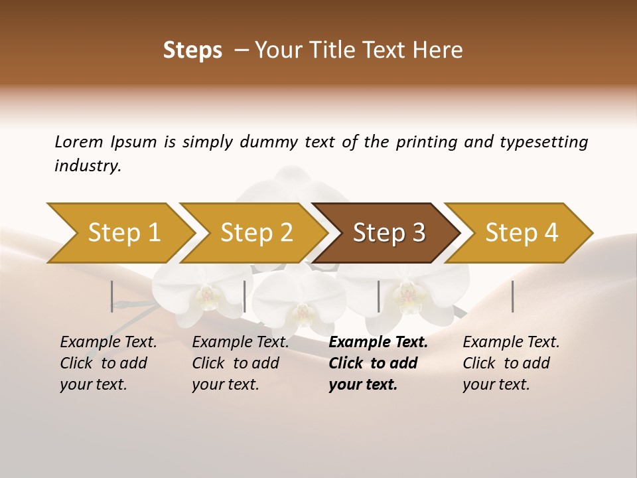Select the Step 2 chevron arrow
coord(255,233)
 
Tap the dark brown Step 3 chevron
coord(388,233)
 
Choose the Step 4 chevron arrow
coord(521,233)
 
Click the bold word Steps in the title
coord(192,50)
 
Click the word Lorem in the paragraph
coord(78,141)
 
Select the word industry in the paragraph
coord(87,166)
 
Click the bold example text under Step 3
coord(378,363)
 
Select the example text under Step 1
coord(108,363)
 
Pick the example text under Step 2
coord(240,363)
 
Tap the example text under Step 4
coord(511,363)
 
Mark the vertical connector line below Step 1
coord(111,296)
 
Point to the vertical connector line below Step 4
coord(512,296)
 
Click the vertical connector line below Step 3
coord(378,296)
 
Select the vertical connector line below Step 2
coord(245,296)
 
